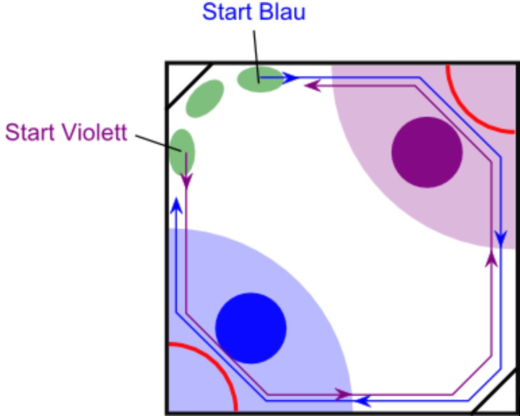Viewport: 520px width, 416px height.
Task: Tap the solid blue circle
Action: point(251,328)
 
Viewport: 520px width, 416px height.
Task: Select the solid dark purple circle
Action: point(427,152)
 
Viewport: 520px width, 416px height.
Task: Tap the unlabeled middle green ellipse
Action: point(205,99)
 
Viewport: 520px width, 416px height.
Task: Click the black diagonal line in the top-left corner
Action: point(188,87)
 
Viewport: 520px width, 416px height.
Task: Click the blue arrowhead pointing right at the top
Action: point(292,78)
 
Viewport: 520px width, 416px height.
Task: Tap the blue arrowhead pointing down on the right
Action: point(500,239)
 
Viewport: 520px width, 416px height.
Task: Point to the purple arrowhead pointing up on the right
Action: point(491,257)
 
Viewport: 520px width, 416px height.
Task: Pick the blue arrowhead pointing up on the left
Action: point(176,206)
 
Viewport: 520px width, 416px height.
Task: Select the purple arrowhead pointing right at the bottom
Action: point(343,394)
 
